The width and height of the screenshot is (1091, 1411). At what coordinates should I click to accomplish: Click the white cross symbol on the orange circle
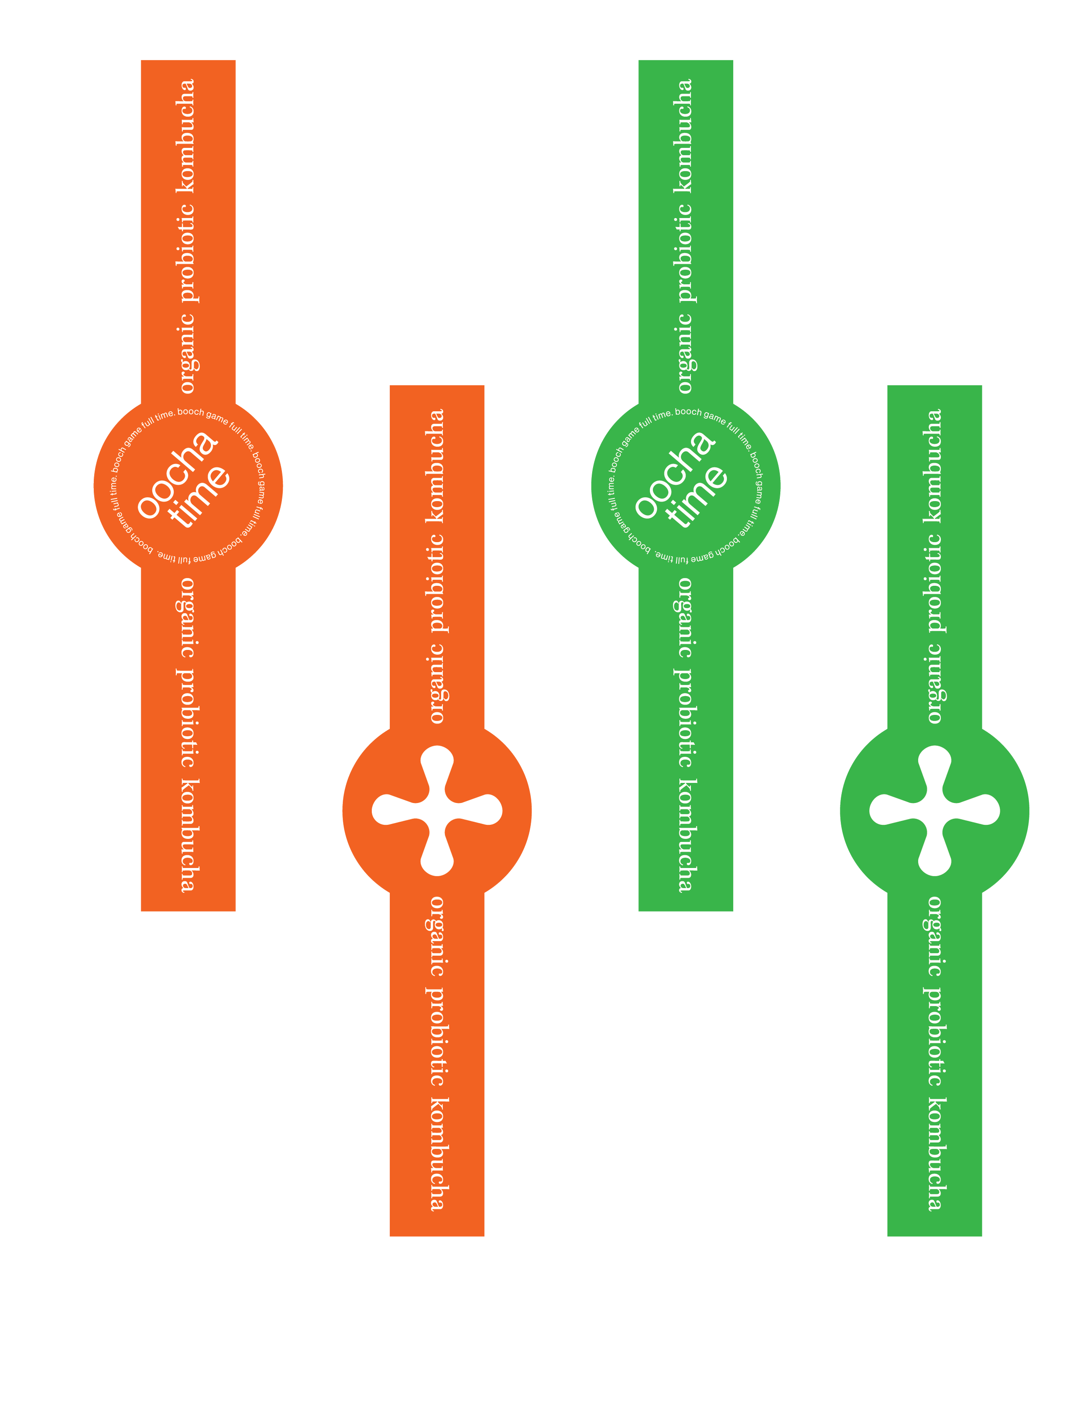(x=437, y=811)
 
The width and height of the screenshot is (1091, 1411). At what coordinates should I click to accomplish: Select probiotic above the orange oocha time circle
(x=188, y=253)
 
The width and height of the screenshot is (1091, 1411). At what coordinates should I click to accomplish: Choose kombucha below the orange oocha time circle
(x=188, y=836)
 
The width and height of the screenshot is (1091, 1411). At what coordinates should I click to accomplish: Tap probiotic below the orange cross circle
(x=437, y=1036)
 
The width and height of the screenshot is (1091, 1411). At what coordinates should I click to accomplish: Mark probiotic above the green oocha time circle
(x=685, y=253)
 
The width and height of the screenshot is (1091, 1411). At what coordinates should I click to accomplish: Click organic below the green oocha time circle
(x=685, y=618)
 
